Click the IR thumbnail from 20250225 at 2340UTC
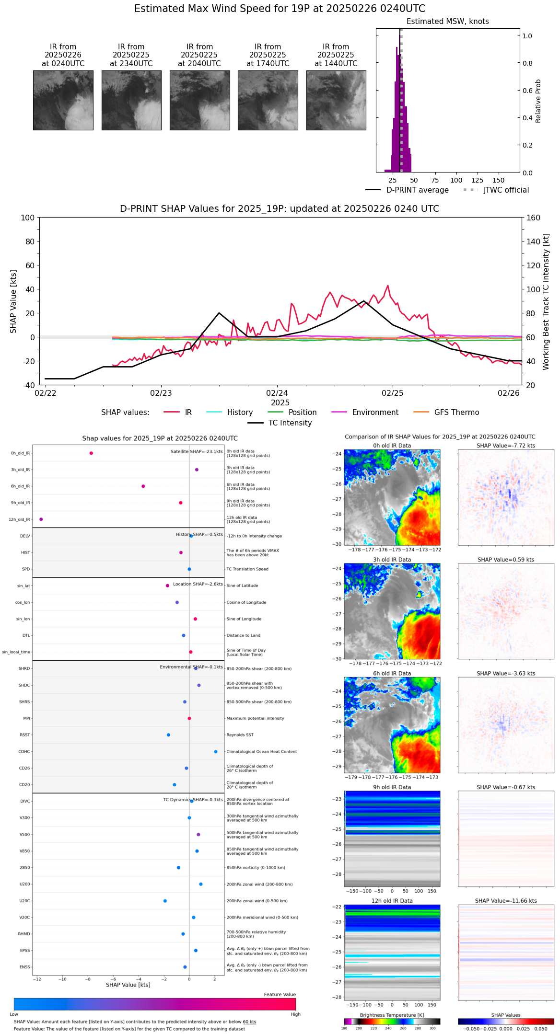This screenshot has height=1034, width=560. (131, 100)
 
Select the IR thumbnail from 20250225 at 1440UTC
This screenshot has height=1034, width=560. (336, 100)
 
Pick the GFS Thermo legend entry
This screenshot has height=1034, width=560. (456, 413)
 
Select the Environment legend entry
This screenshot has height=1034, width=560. (375, 413)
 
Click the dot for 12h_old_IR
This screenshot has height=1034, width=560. (41, 519)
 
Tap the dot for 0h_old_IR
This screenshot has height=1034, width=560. (91, 453)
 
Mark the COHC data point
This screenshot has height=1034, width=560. (216, 752)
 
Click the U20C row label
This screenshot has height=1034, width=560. (24, 901)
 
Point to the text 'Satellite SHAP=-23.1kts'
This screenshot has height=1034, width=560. (197, 452)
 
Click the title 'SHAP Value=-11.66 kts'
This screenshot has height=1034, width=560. (506, 901)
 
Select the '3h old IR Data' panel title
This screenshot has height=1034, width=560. (392, 560)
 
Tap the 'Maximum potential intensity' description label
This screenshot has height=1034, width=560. (255, 718)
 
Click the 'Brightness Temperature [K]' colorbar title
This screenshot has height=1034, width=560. (392, 1015)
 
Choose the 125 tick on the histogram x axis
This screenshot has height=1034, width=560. (477, 180)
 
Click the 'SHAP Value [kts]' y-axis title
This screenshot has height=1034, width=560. (13, 301)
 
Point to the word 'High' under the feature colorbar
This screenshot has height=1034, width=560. (295, 1014)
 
